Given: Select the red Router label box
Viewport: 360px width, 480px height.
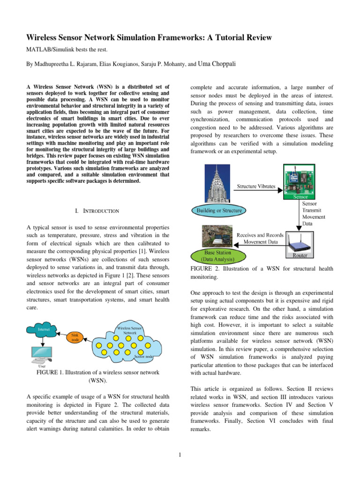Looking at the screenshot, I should pyautogui.click(x=300, y=256).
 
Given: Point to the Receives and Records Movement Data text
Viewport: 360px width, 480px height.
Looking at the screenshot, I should pyautogui.click(x=260, y=238).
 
